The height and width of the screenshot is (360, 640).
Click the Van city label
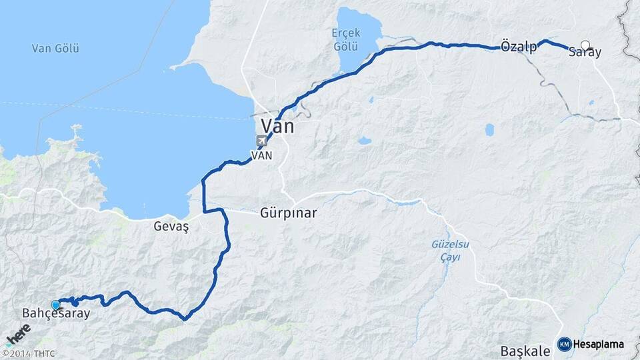click(277, 126)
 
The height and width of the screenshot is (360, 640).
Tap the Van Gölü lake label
click(55, 48)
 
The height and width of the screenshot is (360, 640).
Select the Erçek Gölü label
click(345, 39)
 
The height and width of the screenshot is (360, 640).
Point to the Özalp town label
click(518, 47)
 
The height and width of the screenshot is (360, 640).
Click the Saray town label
click(585, 53)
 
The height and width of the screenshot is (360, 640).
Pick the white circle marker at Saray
click(585, 45)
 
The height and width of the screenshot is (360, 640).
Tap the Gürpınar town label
click(288, 214)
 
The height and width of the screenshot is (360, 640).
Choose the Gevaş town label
click(171, 227)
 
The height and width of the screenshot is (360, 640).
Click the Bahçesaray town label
click(56, 313)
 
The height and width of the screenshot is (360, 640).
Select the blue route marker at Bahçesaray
click(56, 305)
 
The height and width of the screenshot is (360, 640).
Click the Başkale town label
click(525, 350)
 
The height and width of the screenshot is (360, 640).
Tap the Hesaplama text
click(599, 344)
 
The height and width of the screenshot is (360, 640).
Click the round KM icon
click(564, 344)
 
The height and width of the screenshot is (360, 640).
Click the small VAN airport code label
click(261, 155)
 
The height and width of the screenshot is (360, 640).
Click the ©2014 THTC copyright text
click(29, 353)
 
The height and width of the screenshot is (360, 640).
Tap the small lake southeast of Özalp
click(490, 129)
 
